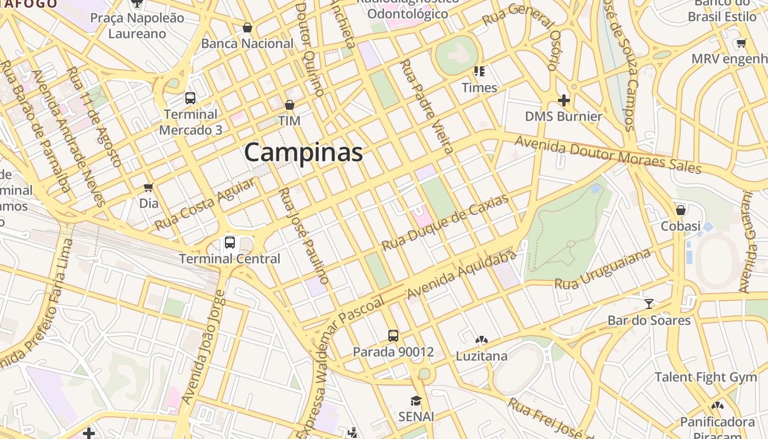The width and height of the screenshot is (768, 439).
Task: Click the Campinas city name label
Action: (x=303, y=152)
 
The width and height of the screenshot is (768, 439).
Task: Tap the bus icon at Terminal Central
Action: (x=230, y=243)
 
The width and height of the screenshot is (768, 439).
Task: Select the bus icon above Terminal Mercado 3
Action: (x=190, y=98)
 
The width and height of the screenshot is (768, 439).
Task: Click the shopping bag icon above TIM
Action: (x=290, y=105)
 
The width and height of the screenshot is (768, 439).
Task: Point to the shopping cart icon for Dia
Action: (x=148, y=187)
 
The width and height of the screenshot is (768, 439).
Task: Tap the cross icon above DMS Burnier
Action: (x=563, y=100)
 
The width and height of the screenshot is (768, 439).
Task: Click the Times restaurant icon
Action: (x=479, y=71)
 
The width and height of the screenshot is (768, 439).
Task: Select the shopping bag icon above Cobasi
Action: (x=681, y=210)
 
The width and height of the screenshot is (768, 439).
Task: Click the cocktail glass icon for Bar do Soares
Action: (x=649, y=303)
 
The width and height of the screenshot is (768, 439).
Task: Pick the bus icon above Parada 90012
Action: (x=393, y=335)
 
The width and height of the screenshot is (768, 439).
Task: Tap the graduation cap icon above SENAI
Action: (x=416, y=401)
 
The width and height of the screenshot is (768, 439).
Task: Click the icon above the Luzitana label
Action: (x=482, y=340)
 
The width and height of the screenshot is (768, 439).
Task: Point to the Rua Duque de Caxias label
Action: (x=445, y=222)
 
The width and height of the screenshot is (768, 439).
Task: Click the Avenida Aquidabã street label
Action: (x=462, y=275)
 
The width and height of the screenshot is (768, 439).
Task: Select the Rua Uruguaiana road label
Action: (x=603, y=269)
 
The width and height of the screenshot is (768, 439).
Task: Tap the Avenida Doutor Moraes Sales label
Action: (x=608, y=155)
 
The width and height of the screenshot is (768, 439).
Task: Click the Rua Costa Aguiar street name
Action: (x=205, y=204)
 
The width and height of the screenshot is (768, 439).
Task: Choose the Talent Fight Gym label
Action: (x=705, y=377)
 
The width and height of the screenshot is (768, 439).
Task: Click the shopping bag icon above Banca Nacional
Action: (x=247, y=27)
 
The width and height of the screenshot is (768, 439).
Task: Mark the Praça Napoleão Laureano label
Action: (x=137, y=26)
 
